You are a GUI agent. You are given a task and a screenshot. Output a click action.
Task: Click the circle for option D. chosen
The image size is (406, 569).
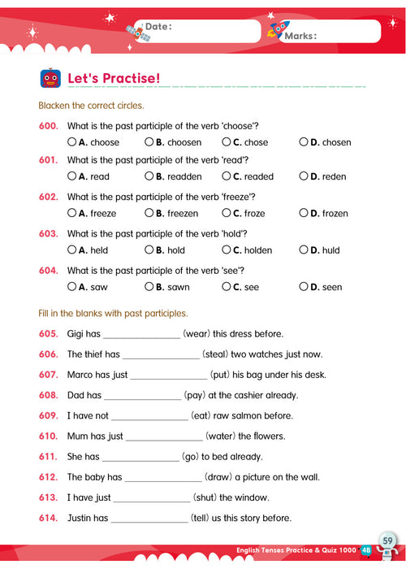point(304,142)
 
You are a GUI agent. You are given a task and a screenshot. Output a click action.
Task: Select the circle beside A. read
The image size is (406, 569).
point(72,176)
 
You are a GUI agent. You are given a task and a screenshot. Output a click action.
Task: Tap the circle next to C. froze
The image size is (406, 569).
point(227,213)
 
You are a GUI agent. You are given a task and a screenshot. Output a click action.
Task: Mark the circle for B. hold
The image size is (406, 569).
point(149,250)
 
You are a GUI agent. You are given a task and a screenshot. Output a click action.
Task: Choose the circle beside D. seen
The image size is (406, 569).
point(304,286)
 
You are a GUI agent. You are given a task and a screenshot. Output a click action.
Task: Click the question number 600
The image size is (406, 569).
point(48,125)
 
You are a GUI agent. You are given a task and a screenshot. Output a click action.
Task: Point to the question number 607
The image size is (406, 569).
point(48,375)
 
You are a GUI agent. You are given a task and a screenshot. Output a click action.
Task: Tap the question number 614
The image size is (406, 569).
point(48,518)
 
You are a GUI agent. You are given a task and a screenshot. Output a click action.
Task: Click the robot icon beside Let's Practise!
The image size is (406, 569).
point(50,78)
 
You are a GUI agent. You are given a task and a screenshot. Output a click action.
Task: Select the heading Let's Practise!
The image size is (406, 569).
point(114,79)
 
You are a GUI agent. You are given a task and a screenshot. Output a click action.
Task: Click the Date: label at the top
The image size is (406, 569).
point(158,27)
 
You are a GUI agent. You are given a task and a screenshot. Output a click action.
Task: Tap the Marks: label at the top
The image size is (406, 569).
point(300,36)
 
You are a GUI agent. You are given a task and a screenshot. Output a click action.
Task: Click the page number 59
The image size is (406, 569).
point(387,541)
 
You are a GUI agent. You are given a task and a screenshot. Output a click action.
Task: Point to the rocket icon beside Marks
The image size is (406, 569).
point(276,31)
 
